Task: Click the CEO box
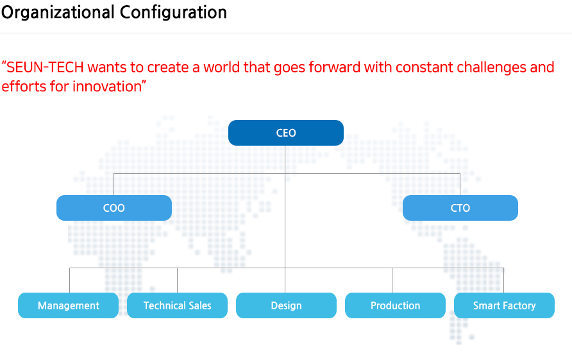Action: [285, 133]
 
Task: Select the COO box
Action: [114, 208]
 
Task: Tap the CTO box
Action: [460, 208]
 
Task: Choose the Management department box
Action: [68, 305]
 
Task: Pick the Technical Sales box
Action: [177, 305]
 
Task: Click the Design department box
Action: [287, 305]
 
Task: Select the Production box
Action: [395, 305]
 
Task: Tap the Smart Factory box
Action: [504, 305]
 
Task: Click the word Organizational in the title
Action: [58, 13]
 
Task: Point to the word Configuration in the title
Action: [173, 13]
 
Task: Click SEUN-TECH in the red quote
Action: [46, 67]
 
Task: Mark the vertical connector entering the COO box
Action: [114, 184]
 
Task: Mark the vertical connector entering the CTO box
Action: [460, 184]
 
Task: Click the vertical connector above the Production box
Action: [392, 280]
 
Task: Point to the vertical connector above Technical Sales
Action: [177, 280]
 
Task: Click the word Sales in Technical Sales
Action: [200, 305]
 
